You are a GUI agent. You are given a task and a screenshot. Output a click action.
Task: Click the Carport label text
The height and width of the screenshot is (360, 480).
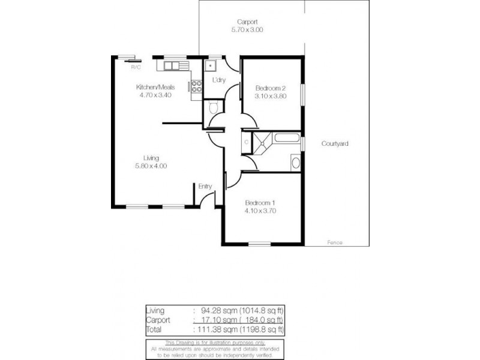[x=247, y=22]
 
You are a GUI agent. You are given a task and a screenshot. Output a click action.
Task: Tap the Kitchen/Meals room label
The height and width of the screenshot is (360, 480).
[x=155, y=87]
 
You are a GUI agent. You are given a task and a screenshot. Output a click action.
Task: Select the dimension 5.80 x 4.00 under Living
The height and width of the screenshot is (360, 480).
[x=151, y=166]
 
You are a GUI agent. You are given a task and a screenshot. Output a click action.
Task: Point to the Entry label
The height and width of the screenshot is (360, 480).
[x=205, y=186]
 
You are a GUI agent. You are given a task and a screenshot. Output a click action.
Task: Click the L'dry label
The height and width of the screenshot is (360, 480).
[x=218, y=80]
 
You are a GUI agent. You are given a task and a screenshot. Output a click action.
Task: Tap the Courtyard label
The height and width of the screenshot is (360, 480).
[x=335, y=144]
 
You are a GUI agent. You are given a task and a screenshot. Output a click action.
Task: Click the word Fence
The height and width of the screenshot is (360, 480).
[x=335, y=242]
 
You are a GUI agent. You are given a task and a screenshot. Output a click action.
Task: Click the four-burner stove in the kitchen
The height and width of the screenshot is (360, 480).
[x=196, y=86]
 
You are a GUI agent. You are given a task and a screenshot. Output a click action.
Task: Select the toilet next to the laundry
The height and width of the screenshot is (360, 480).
[x=211, y=109]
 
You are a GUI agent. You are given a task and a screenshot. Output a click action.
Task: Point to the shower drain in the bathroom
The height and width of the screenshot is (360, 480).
[x=262, y=143]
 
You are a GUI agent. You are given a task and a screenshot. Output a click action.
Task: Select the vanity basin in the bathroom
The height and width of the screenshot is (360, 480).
[x=295, y=162]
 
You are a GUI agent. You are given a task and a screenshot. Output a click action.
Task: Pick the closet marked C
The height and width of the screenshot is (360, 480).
[x=247, y=143]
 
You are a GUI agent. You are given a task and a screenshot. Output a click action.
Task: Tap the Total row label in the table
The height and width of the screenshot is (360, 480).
[x=154, y=329]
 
